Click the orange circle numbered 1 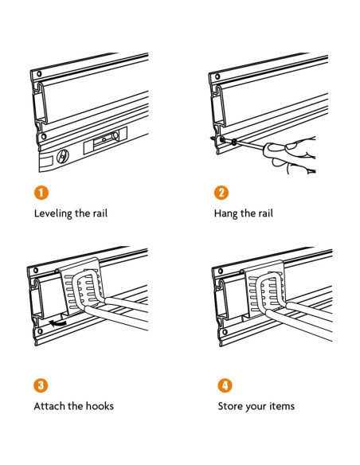(x=41, y=193)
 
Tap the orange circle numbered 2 (x=221, y=193)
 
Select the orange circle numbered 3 (x=41, y=385)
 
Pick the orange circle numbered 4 (x=225, y=385)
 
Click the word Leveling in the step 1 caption (x=53, y=214)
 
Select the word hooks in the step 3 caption (x=100, y=406)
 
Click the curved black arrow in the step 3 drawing (x=58, y=323)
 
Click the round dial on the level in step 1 (x=63, y=156)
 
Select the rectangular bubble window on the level (x=106, y=139)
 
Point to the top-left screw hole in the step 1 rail (x=38, y=73)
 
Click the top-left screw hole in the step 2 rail (x=217, y=76)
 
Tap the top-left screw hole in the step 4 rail (x=221, y=271)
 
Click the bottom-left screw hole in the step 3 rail (x=40, y=331)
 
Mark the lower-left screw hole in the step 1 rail (x=44, y=137)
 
